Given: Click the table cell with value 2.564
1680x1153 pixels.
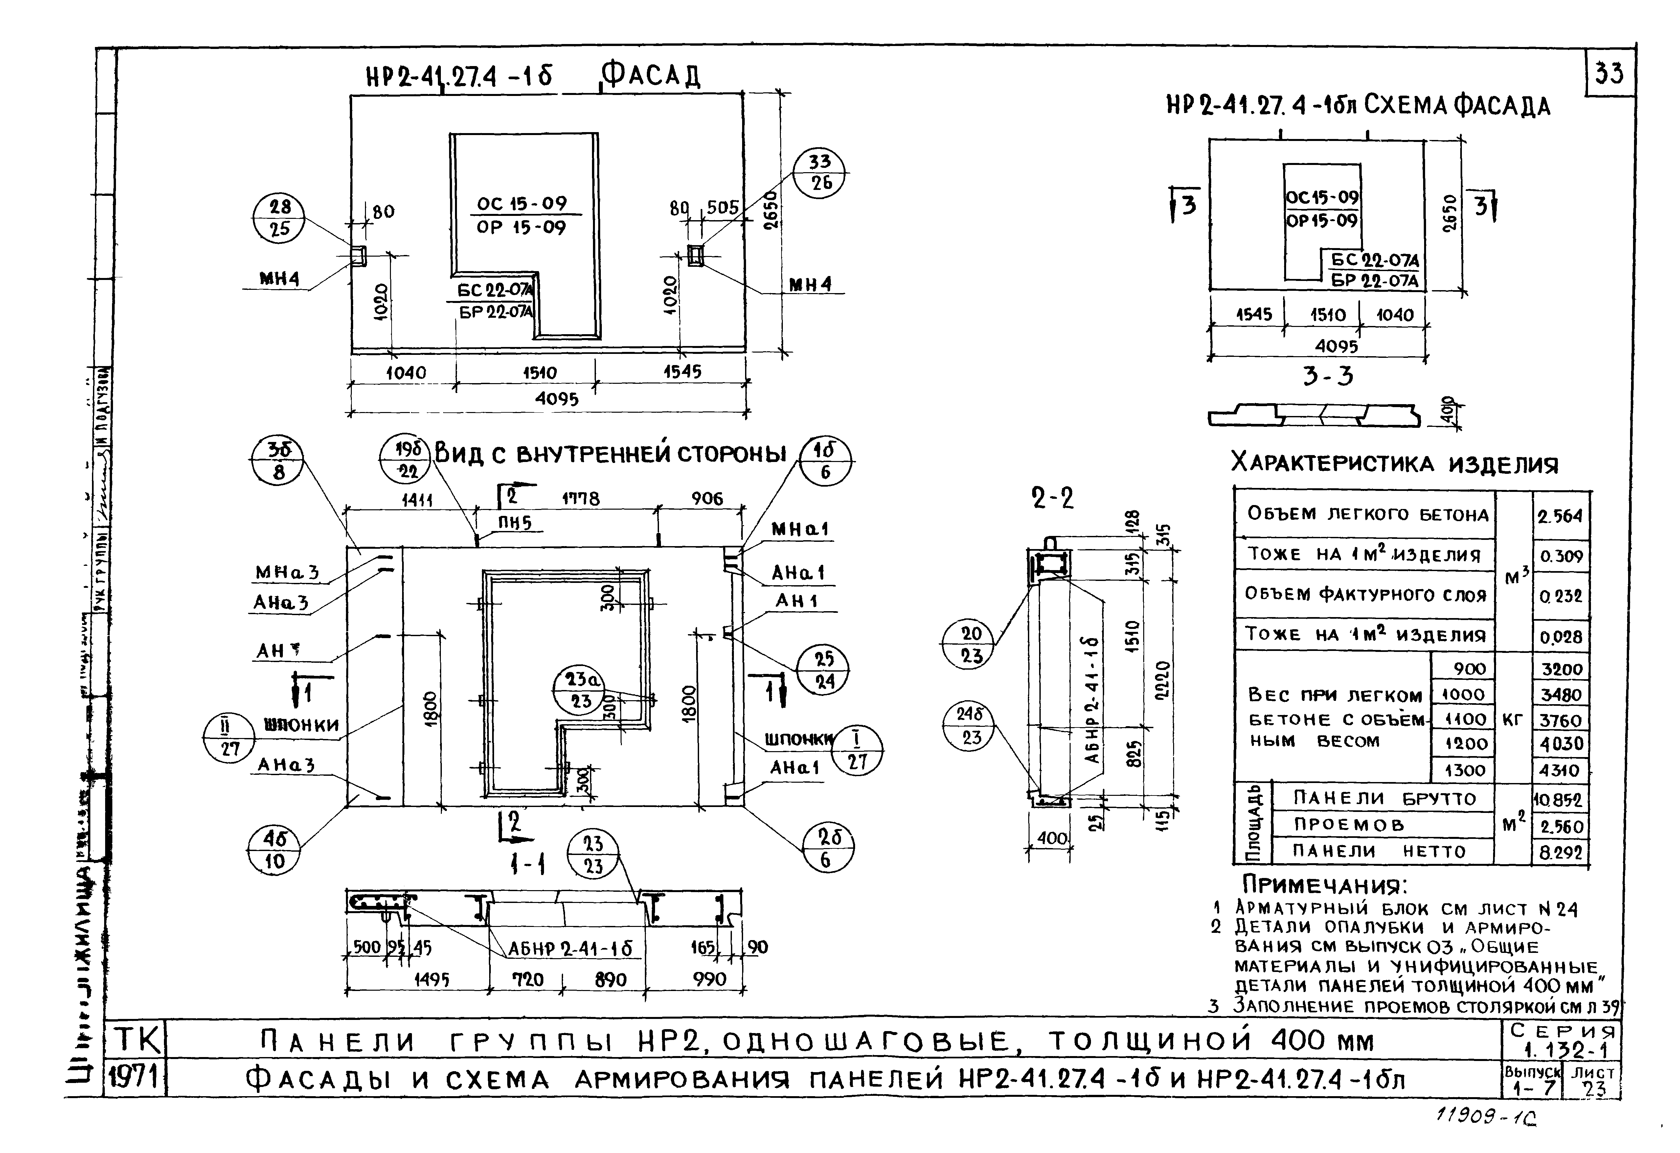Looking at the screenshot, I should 1560,516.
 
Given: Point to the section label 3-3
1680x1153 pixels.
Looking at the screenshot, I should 1328,377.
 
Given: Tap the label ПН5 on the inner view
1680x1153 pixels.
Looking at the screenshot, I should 515,523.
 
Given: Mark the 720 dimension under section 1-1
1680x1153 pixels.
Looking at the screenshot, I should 528,980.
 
